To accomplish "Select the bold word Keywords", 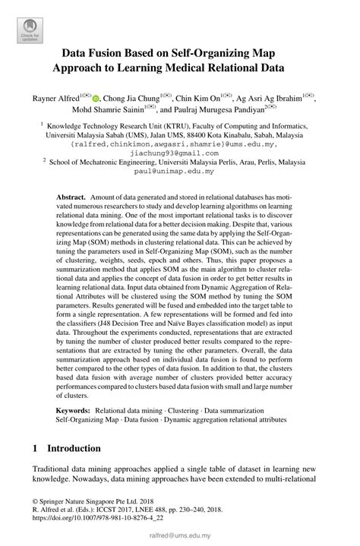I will pos(74,410).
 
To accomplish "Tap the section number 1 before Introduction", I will pos(35,448).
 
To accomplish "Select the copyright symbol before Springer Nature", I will pos(35,502).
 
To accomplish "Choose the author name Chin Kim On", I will pos(198,98).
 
